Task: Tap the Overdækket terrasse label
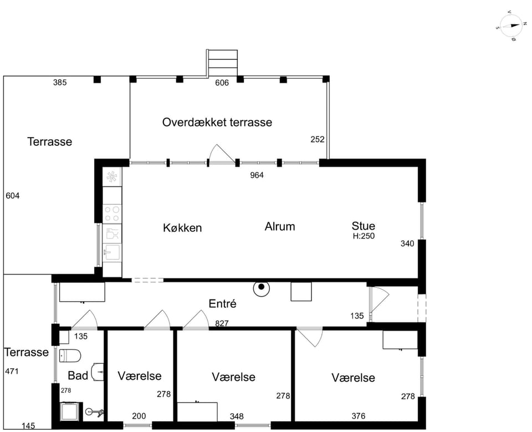click(x=217, y=122)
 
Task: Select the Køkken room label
click(x=182, y=227)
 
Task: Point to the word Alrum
click(x=280, y=226)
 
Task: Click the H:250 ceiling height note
click(x=364, y=236)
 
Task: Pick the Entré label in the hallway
click(x=223, y=303)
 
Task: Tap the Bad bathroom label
click(x=78, y=375)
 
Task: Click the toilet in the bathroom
click(x=70, y=356)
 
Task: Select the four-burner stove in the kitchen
click(x=112, y=214)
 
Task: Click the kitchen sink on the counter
click(x=112, y=252)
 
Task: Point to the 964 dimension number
click(x=257, y=175)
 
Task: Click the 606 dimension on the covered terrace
click(x=222, y=83)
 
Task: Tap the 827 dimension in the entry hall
click(x=222, y=323)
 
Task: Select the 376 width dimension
click(x=359, y=416)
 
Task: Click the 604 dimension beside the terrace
click(x=13, y=196)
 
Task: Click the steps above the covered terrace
click(x=222, y=64)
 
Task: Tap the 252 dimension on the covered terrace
click(x=318, y=140)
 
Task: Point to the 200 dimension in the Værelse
click(x=139, y=416)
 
